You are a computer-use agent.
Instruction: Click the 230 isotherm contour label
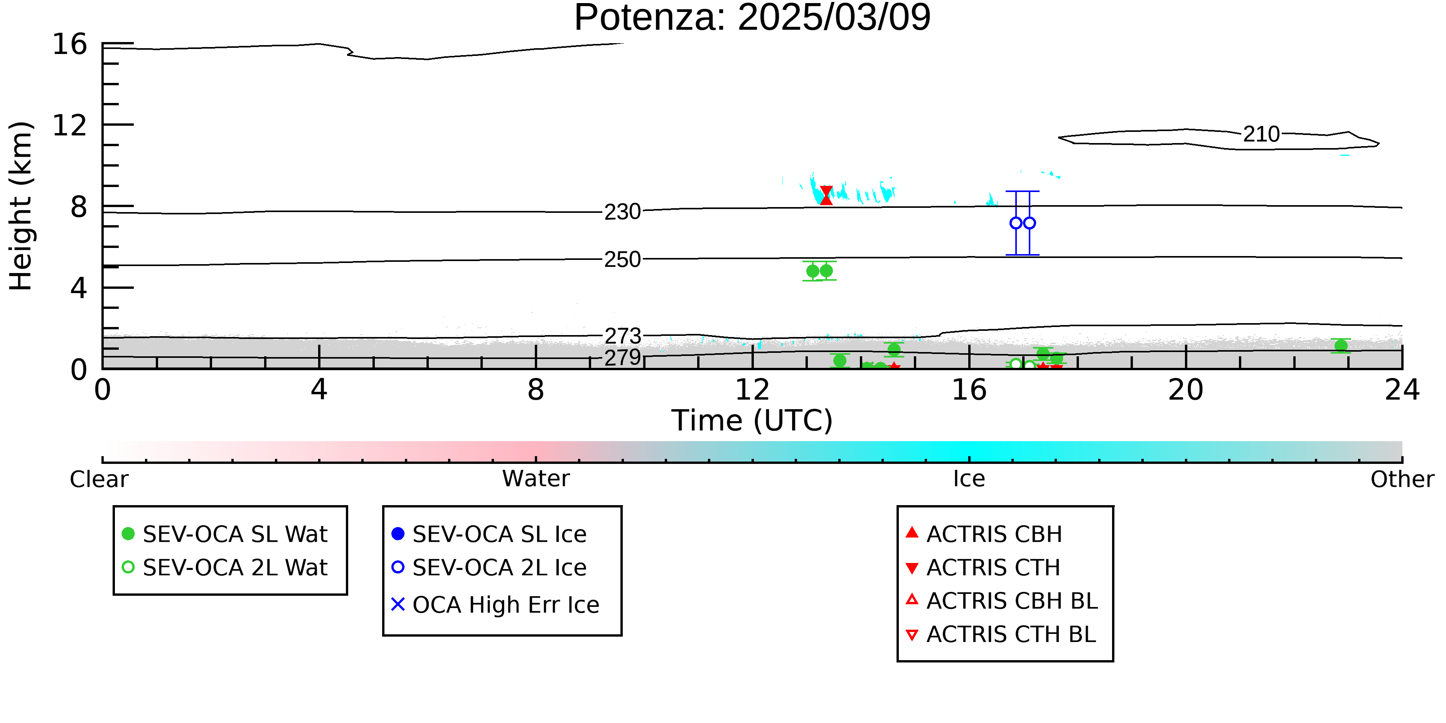click(x=622, y=212)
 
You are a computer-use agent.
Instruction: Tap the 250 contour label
click(x=622, y=260)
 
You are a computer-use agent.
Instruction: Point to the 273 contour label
click(x=622, y=336)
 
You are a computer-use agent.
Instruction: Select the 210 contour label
click(x=1261, y=135)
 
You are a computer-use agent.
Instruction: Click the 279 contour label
click(x=622, y=357)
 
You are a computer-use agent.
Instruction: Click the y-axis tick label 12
click(x=70, y=125)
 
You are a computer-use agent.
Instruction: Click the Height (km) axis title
click(x=21, y=206)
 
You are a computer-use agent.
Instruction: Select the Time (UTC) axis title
click(x=752, y=420)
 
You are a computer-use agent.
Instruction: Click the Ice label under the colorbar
click(x=969, y=479)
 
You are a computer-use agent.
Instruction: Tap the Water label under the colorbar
click(x=536, y=479)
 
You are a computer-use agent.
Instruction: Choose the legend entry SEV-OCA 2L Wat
click(x=224, y=568)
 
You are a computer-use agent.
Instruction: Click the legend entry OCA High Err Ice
click(x=495, y=605)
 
